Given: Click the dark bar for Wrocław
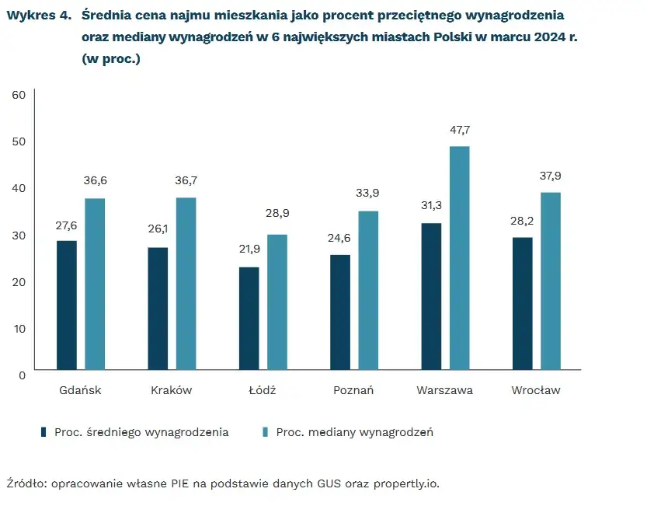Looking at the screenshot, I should [523, 303].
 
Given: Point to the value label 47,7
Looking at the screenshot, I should [460, 130].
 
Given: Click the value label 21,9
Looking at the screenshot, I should [249, 250].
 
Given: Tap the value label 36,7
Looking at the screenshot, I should [186, 180].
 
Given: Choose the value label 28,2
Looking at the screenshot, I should [523, 220].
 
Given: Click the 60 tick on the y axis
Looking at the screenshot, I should [19, 95].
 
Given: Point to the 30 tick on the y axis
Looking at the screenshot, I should [19, 235].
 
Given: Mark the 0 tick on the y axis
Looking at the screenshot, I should [23, 375].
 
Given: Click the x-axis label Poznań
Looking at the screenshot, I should [353, 390].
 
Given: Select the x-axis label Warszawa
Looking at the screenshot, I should [444, 390].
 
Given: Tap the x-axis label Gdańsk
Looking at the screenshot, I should [80, 390].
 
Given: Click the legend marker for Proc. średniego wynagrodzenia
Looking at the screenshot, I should [43, 432].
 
